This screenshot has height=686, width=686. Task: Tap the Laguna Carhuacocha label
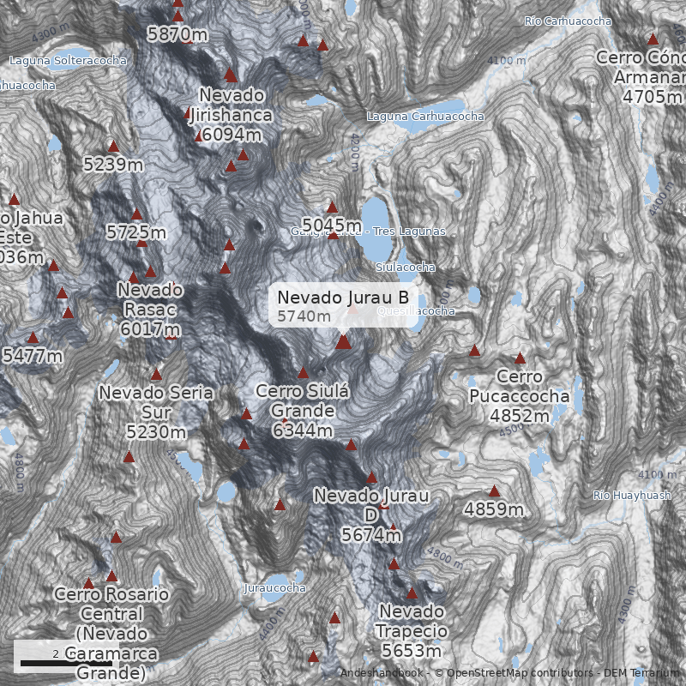pyautogui.click(x=425, y=116)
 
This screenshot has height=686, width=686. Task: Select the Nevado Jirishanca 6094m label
pyautogui.click(x=231, y=114)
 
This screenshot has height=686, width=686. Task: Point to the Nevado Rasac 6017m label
pyautogui.click(x=150, y=310)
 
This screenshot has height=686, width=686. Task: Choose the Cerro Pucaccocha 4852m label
pyautogui.click(x=519, y=396)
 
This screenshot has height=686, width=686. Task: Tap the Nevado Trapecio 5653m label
pyautogui.click(x=412, y=630)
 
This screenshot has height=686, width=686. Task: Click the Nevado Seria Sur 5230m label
pyautogui.click(x=155, y=412)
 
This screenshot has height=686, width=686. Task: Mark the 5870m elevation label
pyautogui.click(x=178, y=35)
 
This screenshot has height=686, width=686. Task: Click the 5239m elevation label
pyautogui.click(x=113, y=164)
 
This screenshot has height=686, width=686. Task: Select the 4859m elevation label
pyautogui.click(x=494, y=510)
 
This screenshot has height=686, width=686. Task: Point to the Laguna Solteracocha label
pyautogui.click(x=68, y=61)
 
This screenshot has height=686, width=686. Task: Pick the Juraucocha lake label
pyautogui.click(x=274, y=588)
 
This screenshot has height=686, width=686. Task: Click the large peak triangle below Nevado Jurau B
pyautogui.click(x=343, y=342)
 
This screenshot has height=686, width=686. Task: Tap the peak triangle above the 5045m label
pyautogui.click(x=332, y=207)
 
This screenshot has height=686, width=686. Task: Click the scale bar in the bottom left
pyautogui.click(x=66, y=663)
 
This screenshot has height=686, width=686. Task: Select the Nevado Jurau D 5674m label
pyautogui.click(x=370, y=515)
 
